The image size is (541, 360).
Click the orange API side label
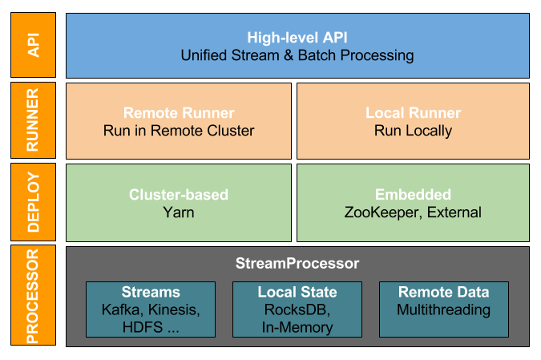pyautogui.click(x=34, y=45)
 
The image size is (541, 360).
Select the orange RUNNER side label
pyautogui.click(x=34, y=120)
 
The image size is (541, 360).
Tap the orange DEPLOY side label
pyautogui.click(x=34, y=202)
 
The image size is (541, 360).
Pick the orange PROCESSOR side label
pyautogui.click(x=34, y=295)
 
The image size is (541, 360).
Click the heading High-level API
pyautogui.click(x=297, y=37)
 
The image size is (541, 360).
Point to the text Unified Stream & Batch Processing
pyautogui.click(x=297, y=55)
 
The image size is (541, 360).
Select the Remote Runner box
pyautogui.click(x=179, y=120)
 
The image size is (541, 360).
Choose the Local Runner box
pyautogui.click(x=413, y=120)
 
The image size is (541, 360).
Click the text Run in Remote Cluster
pyautogui.click(x=179, y=131)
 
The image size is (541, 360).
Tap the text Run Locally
pyautogui.click(x=413, y=131)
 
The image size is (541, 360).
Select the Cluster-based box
pyautogui.click(x=179, y=202)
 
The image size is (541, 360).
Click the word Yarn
pyautogui.click(x=179, y=212)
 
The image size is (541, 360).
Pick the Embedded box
pyautogui.click(x=413, y=202)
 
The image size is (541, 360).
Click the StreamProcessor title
pyautogui.click(x=297, y=263)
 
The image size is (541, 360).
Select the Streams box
pyautogui.click(x=151, y=309)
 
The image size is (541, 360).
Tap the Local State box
pyautogui.click(x=297, y=309)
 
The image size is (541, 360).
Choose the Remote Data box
pyautogui.click(x=443, y=309)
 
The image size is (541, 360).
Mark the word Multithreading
pyautogui.click(x=443, y=310)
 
